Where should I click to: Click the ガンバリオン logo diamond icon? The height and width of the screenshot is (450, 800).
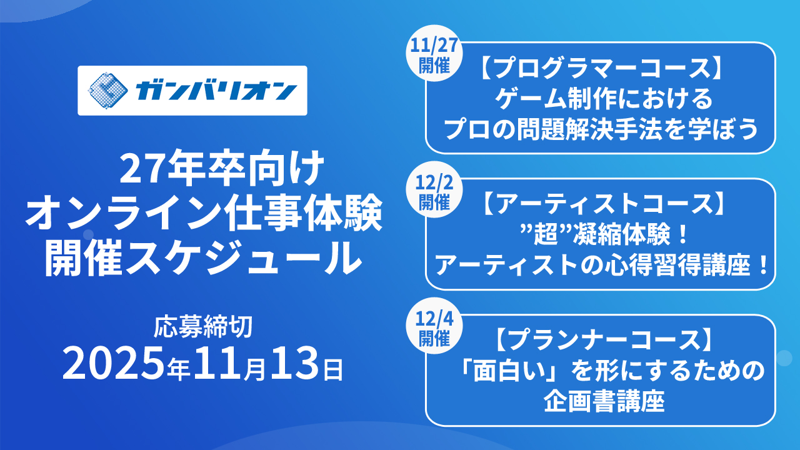(108, 91)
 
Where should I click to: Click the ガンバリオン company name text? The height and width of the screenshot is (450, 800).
(216, 91)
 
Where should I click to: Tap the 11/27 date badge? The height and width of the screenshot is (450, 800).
(434, 54)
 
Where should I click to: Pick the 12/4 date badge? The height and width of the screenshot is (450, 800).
(434, 326)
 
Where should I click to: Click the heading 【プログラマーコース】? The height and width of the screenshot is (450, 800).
(601, 68)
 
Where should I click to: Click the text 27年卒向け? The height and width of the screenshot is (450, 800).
(221, 169)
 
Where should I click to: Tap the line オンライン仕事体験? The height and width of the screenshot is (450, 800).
(204, 214)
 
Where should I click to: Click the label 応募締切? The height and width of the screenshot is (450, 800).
(203, 326)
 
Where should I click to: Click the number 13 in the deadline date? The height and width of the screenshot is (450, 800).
(294, 364)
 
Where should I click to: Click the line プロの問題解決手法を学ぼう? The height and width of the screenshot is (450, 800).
(601, 129)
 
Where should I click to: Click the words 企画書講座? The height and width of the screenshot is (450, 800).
(604, 401)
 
